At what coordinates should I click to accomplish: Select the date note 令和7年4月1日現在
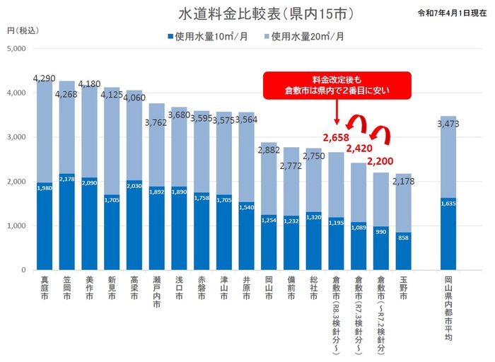[x=453, y=13]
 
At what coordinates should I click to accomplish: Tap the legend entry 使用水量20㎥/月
[x=307, y=35]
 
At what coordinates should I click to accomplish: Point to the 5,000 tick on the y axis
[x=16, y=49]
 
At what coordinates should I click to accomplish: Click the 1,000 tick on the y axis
[x=16, y=226]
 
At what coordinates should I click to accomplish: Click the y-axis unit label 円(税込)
[x=20, y=33]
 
